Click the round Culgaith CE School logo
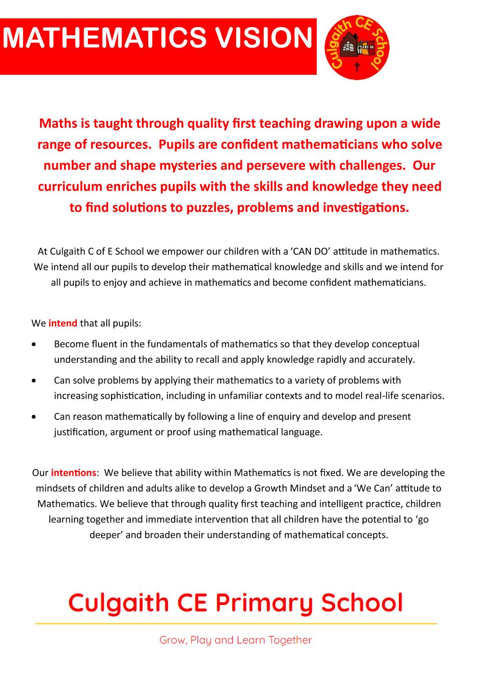tap(357, 47)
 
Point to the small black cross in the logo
tap(357, 67)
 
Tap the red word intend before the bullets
tap(63, 323)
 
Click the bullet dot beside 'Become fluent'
tap(33, 345)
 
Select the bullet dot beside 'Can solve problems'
tap(33, 381)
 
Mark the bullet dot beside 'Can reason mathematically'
tap(33, 417)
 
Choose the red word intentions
tap(73, 472)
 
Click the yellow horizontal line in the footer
tap(236, 624)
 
